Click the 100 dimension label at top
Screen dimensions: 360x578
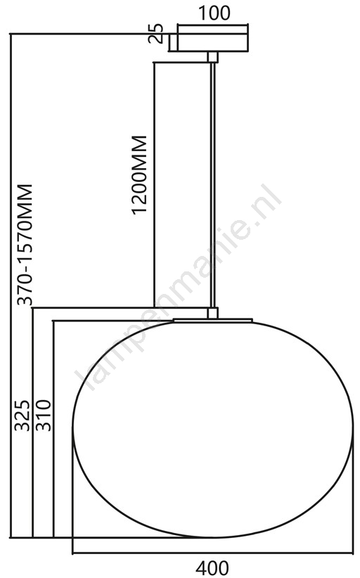point(214,13)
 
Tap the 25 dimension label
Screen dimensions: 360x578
point(156,34)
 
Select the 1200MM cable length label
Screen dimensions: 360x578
point(140,174)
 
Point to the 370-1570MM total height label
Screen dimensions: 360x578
point(25,245)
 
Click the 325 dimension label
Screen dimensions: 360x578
point(22,415)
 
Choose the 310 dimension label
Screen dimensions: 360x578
point(43,415)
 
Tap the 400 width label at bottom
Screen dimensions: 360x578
point(212,568)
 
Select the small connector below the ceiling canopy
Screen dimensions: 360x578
point(212,57)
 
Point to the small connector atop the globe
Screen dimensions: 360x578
point(212,313)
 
